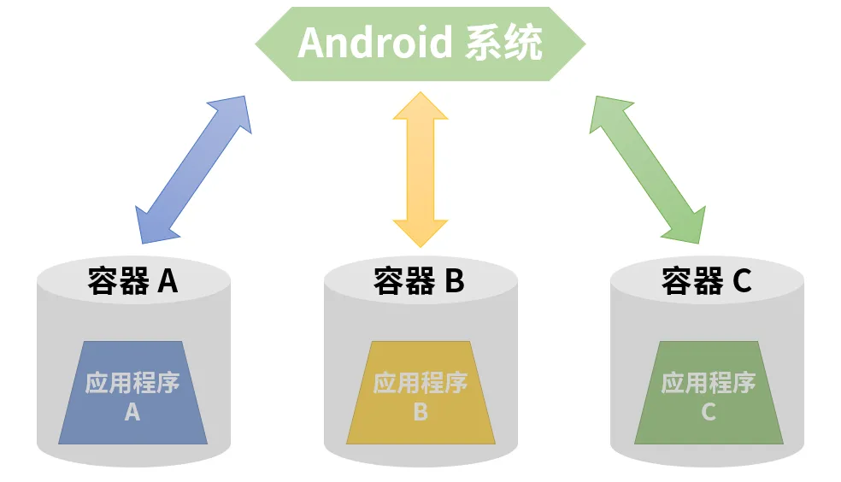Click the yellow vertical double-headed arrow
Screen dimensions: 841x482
pos(420,168)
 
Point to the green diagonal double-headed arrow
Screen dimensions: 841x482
pos(647,168)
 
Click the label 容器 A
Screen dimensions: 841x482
pos(132,280)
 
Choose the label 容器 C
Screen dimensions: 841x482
pos(707,280)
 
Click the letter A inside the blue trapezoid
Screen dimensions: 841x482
pos(132,412)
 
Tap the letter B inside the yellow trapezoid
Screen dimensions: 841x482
pos(420,412)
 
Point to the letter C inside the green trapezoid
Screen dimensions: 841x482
pos(709,412)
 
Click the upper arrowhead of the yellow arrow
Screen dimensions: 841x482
pos(420,107)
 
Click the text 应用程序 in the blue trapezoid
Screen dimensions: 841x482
pos(132,382)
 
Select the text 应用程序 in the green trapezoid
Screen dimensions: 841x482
pos(709,382)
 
